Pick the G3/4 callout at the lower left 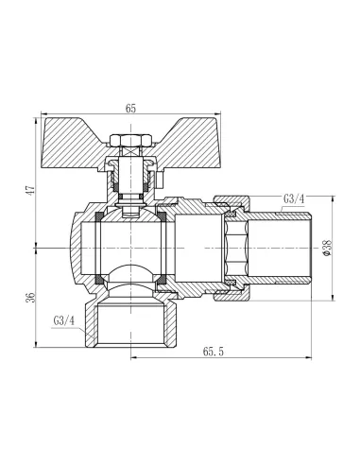[x=65, y=319]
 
